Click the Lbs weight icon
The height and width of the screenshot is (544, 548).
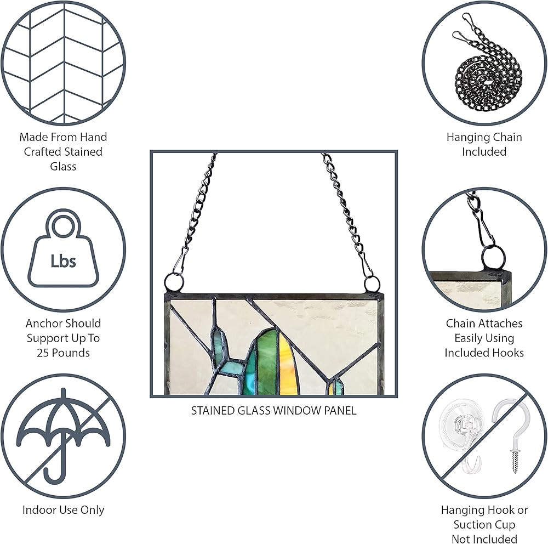[63, 249]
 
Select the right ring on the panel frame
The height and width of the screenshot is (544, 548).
[372, 284]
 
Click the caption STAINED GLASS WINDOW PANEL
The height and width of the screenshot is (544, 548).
[273, 410]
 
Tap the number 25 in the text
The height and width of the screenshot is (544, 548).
[43, 353]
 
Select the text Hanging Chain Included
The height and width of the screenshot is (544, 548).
[484, 144]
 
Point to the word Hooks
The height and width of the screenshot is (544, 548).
[508, 353]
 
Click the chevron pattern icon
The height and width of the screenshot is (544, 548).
[63, 63]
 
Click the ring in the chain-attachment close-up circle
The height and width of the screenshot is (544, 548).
[494, 256]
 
